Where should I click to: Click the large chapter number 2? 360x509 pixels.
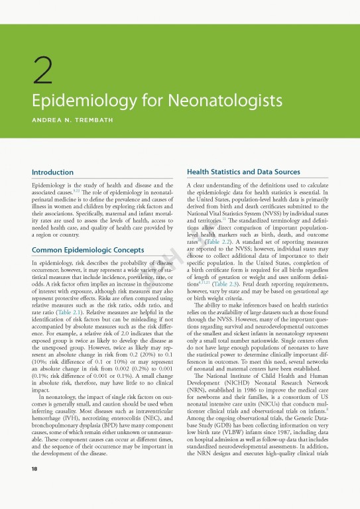(x=43, y=72)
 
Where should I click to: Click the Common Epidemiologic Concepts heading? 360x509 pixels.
(x=88, y=231)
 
